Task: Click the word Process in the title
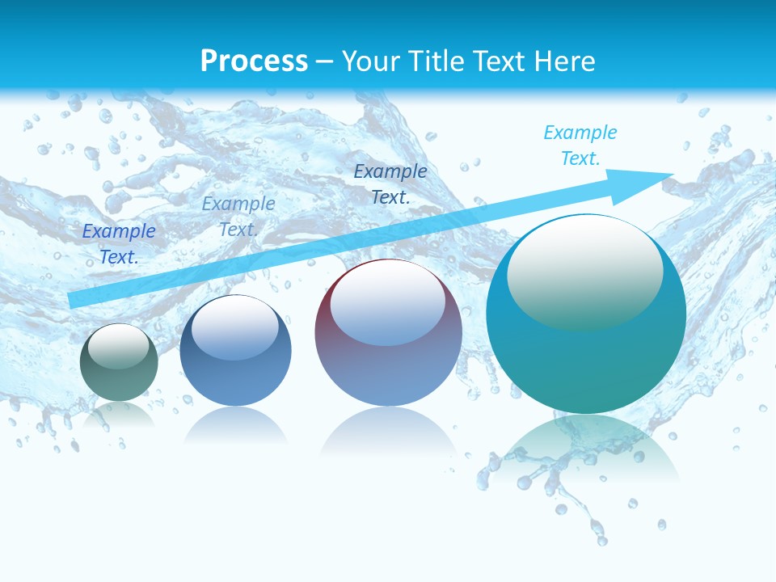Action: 254,61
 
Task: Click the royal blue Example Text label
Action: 119,243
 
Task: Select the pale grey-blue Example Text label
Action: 238,216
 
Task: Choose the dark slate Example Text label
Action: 390,183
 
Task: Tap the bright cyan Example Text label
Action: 580,145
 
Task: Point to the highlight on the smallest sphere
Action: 118,346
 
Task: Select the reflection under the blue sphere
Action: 235,424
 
